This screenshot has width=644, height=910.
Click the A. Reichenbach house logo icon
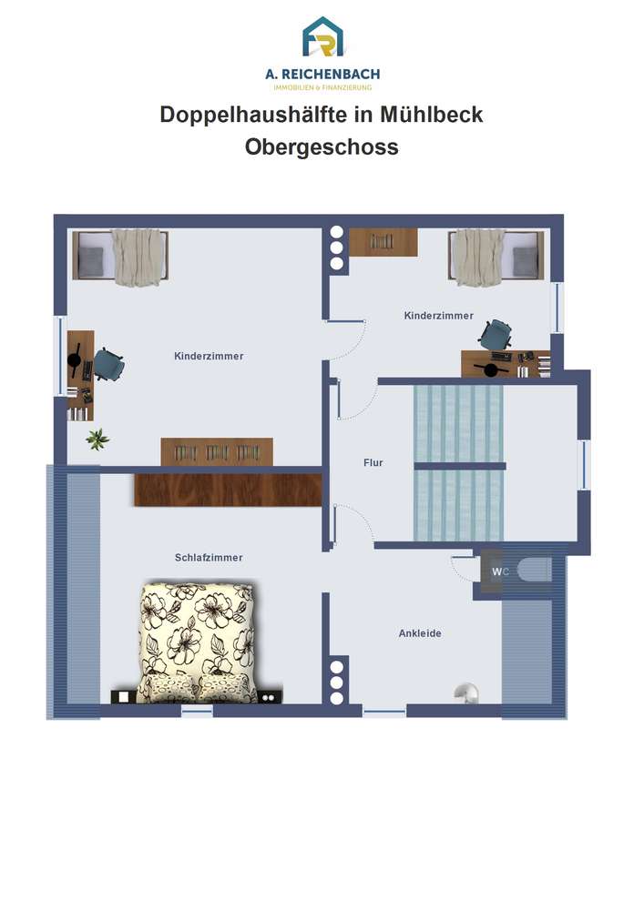click(x=322, y=37)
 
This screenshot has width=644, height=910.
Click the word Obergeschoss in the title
click(x=322, y=147)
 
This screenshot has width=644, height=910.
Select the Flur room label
click(x=373, y=462)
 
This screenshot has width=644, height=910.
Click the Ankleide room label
click(x=420, y=633)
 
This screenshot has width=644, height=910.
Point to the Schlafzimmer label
click(x=209, y=557)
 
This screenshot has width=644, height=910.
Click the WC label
click(x=500, y=571)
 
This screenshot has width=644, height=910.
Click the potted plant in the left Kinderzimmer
click(x=97, y=439)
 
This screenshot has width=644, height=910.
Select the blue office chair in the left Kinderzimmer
click(x=109, y=365)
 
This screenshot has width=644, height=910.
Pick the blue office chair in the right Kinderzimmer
click(x=496, y=335)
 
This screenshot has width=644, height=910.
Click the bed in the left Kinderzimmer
click(x=121, y=257)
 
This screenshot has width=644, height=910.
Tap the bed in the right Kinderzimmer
click(x=496, y=257)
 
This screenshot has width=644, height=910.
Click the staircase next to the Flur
click(x=459, y=463)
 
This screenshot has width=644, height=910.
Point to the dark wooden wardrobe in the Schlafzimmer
click(x=229, y=490)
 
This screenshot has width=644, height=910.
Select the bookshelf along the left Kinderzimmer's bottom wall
click(x=217, y=451)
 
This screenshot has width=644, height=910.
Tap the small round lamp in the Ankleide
click(x=466, y=692)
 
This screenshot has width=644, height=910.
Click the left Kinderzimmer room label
click(x=210, y=356)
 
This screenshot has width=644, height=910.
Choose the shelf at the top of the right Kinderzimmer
click(x=383, y=241)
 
